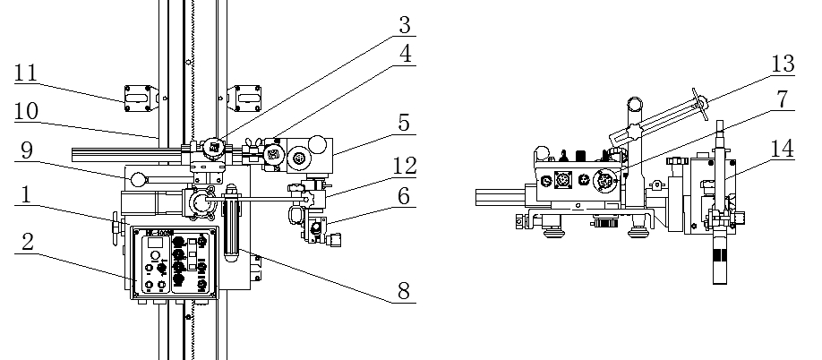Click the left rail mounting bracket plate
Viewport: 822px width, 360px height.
pos(140,97)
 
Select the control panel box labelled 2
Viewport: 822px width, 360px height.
pos(175,261)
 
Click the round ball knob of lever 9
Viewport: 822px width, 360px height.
pos(139,180)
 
